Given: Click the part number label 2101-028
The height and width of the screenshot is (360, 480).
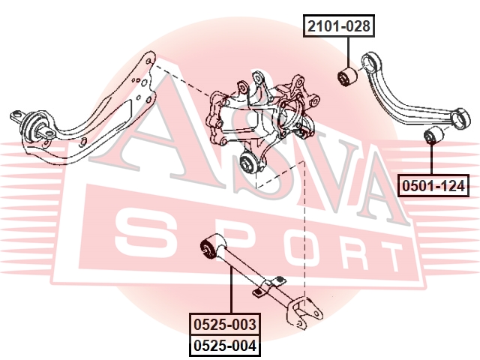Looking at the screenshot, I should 338,28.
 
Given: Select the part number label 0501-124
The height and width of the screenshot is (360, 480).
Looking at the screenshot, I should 433,184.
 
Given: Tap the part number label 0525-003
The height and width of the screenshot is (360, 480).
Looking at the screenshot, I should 225,325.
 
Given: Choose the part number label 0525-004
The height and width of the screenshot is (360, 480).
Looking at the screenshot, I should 225,346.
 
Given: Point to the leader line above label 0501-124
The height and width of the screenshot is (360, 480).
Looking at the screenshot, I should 433,161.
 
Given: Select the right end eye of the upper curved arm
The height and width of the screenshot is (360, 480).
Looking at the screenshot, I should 463,116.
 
